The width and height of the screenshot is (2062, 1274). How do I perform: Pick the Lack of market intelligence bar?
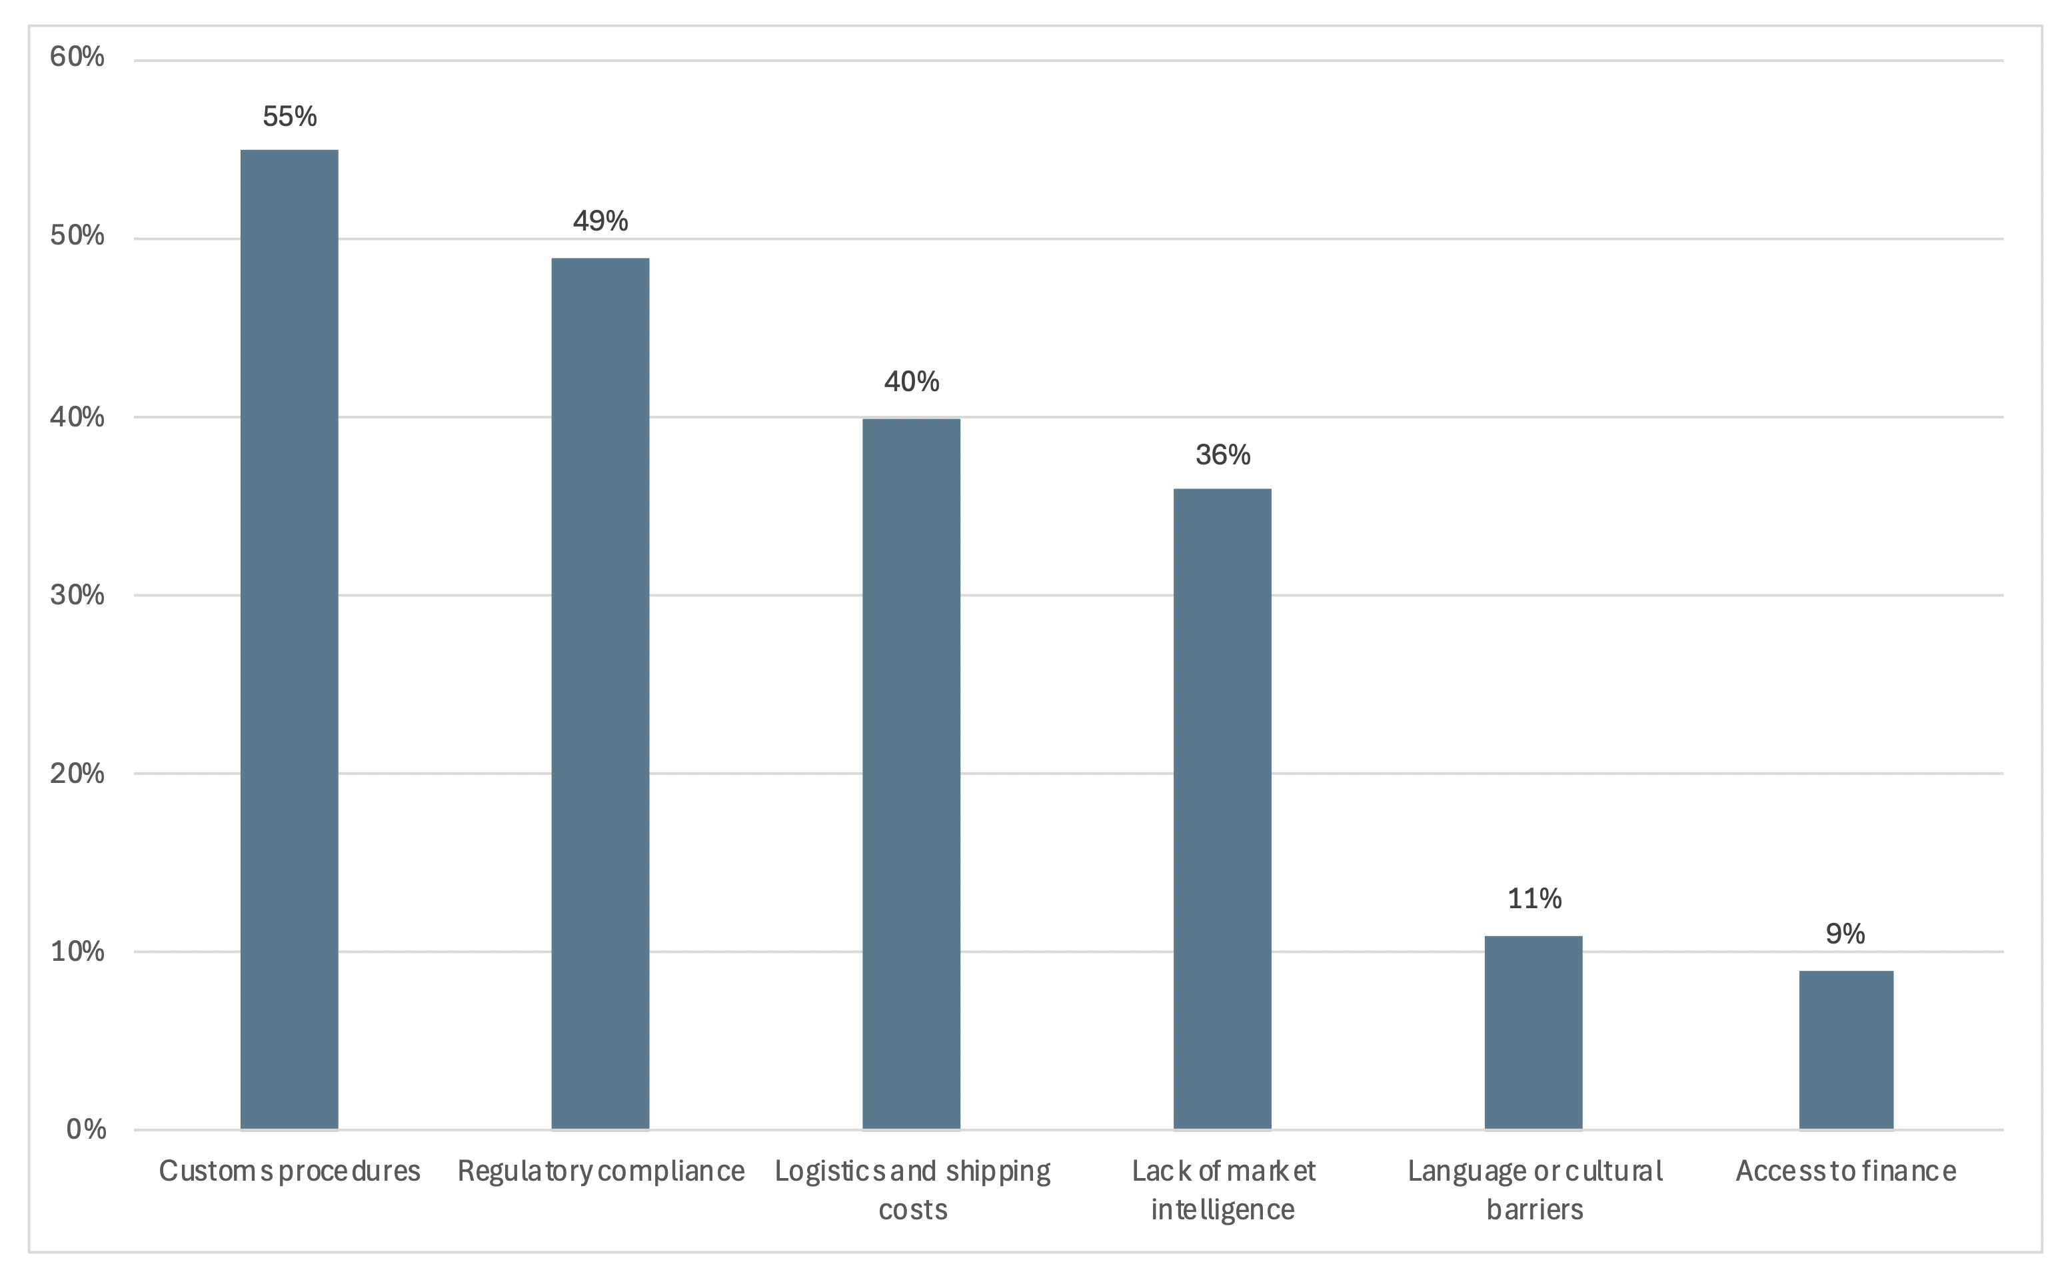pyautogui.click(x=1222, y=808)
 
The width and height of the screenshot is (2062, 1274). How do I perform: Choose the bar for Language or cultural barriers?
pyautogui.click(x=1533, y=1031)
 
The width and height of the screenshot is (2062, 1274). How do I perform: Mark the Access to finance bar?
pyautogui.click(x=1845, y=1049)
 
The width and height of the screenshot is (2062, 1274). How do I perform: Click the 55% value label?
pyautogui.click(x=289, y=117)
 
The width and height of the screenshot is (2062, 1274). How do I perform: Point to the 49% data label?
pyautogui.click(x=600, y=221)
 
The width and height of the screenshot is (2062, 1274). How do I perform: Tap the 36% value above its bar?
pyautogui.click(x=1222, y=455)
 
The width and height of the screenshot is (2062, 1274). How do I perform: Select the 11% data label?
pyautogui.click(x=1534, y=898)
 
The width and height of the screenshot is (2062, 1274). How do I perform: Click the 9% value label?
pyautogui.click(x=1845, y=934)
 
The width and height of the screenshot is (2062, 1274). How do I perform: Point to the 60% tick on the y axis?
pyautogui.click(x=77, y=57)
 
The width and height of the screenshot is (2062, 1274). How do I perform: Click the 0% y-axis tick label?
pyautogui.click(x=86, y=1129)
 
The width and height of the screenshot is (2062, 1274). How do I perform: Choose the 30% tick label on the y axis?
pyautogui.click(x=77, y=595)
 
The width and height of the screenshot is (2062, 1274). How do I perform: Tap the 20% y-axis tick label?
pyautogui.click(x=77, y=774)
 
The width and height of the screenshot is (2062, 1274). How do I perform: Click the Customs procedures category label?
pyautogui.click(x=289, y=1171)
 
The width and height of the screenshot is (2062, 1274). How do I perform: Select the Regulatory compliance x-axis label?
pyautogui.click(x=600, y=1171)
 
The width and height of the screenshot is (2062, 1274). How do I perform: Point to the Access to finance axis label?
pyautogui.click(x=1845, y=1171)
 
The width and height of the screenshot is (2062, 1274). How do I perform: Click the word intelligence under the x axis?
pyautogui.click(x=1222, y=1210)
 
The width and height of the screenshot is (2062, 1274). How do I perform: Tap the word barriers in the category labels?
pyautogui.click(x=1534, y=1210)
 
